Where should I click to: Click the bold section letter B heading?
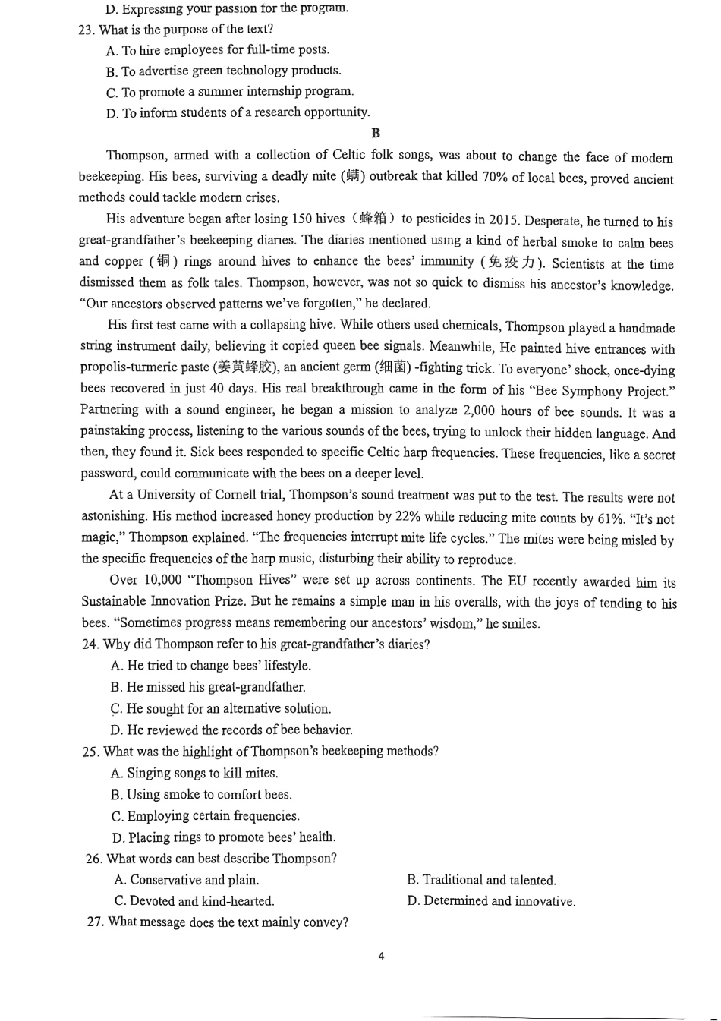pos(376,133)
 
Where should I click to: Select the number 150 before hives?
pos(301,219)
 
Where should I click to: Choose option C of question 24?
pos(221,709)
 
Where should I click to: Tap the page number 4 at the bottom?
pos(381,956)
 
